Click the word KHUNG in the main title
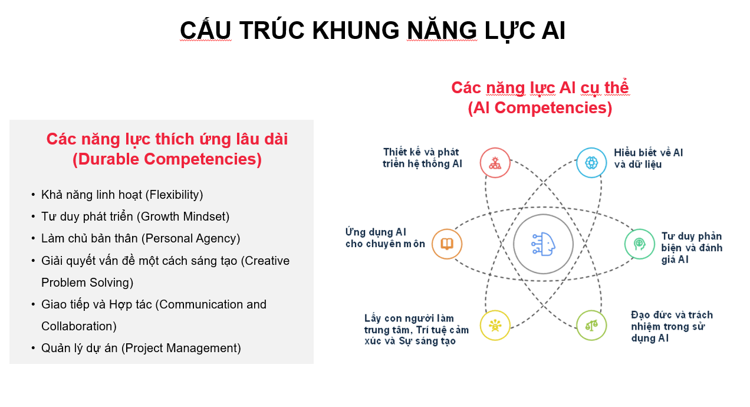click(x=356, y=31)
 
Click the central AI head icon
click(x=543, y=244)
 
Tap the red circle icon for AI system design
click(x=495, y=163)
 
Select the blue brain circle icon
click(x=591, y=163)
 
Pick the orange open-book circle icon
click(x=447, y=244)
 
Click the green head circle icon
click(x=640, y=244)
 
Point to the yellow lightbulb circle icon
click(x=495, y=325)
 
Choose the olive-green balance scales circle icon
click(x=591, y=325)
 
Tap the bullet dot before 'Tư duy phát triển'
click(x=33, y=216)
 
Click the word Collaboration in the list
click(x=77, y=326)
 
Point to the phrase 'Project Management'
click(x=181, y=348)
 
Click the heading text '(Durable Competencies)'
click(x=167, y=159)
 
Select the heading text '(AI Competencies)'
click(x=540, y=108)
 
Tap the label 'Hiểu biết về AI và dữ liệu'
click(x=648, y=159)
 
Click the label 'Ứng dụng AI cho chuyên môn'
click(x=385, y=238)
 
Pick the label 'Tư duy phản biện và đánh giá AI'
click(x=692, y=248)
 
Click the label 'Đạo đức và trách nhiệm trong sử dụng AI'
click(x=672, y=327)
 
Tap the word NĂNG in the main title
click(x=442, y=31)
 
